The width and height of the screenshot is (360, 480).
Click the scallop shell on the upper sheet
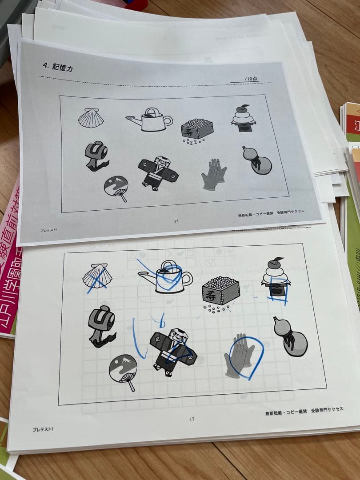click(x=91, y=118)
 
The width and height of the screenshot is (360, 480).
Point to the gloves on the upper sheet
click(x=213, y=175)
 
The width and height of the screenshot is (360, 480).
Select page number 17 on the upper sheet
click(x=176, y=221)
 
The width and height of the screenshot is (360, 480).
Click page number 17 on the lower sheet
click(x=192, y=419)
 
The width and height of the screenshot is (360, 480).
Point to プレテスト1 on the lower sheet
click(x=43, y=429)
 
